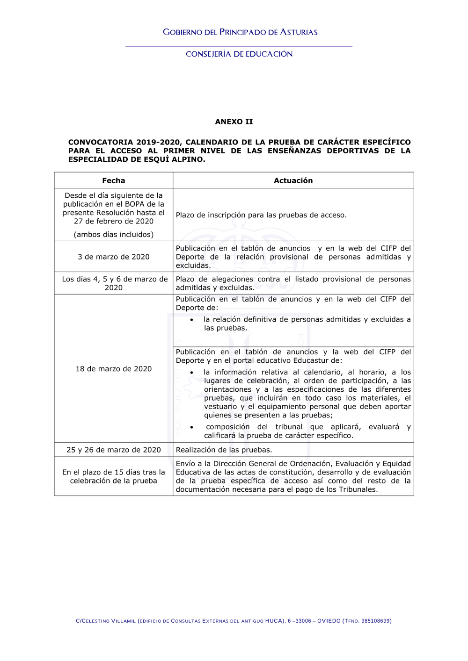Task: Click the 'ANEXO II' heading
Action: [x=234, y=122]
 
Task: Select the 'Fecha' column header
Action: [x=113, y=180]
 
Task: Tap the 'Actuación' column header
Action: [x=293, y=180]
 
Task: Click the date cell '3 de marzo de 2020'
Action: [x=113, y=257]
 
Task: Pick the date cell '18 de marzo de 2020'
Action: [x=113, y=369]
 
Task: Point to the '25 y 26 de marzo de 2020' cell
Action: [x=113, y=450]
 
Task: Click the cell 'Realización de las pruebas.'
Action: [x=224, y=450]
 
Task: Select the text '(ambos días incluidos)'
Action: [x=113, y=234]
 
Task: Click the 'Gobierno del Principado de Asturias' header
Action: [x=240, y=32]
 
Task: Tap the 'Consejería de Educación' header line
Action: [x=239, y=54]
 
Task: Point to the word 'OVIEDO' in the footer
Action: [x=329, y=621]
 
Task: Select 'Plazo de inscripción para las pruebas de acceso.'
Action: [x=261, y=215]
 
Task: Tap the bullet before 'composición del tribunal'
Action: [x=192, y=427]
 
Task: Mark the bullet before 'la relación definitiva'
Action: [x=192, y=320]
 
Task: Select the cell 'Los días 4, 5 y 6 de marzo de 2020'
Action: [x=114, y=283]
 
